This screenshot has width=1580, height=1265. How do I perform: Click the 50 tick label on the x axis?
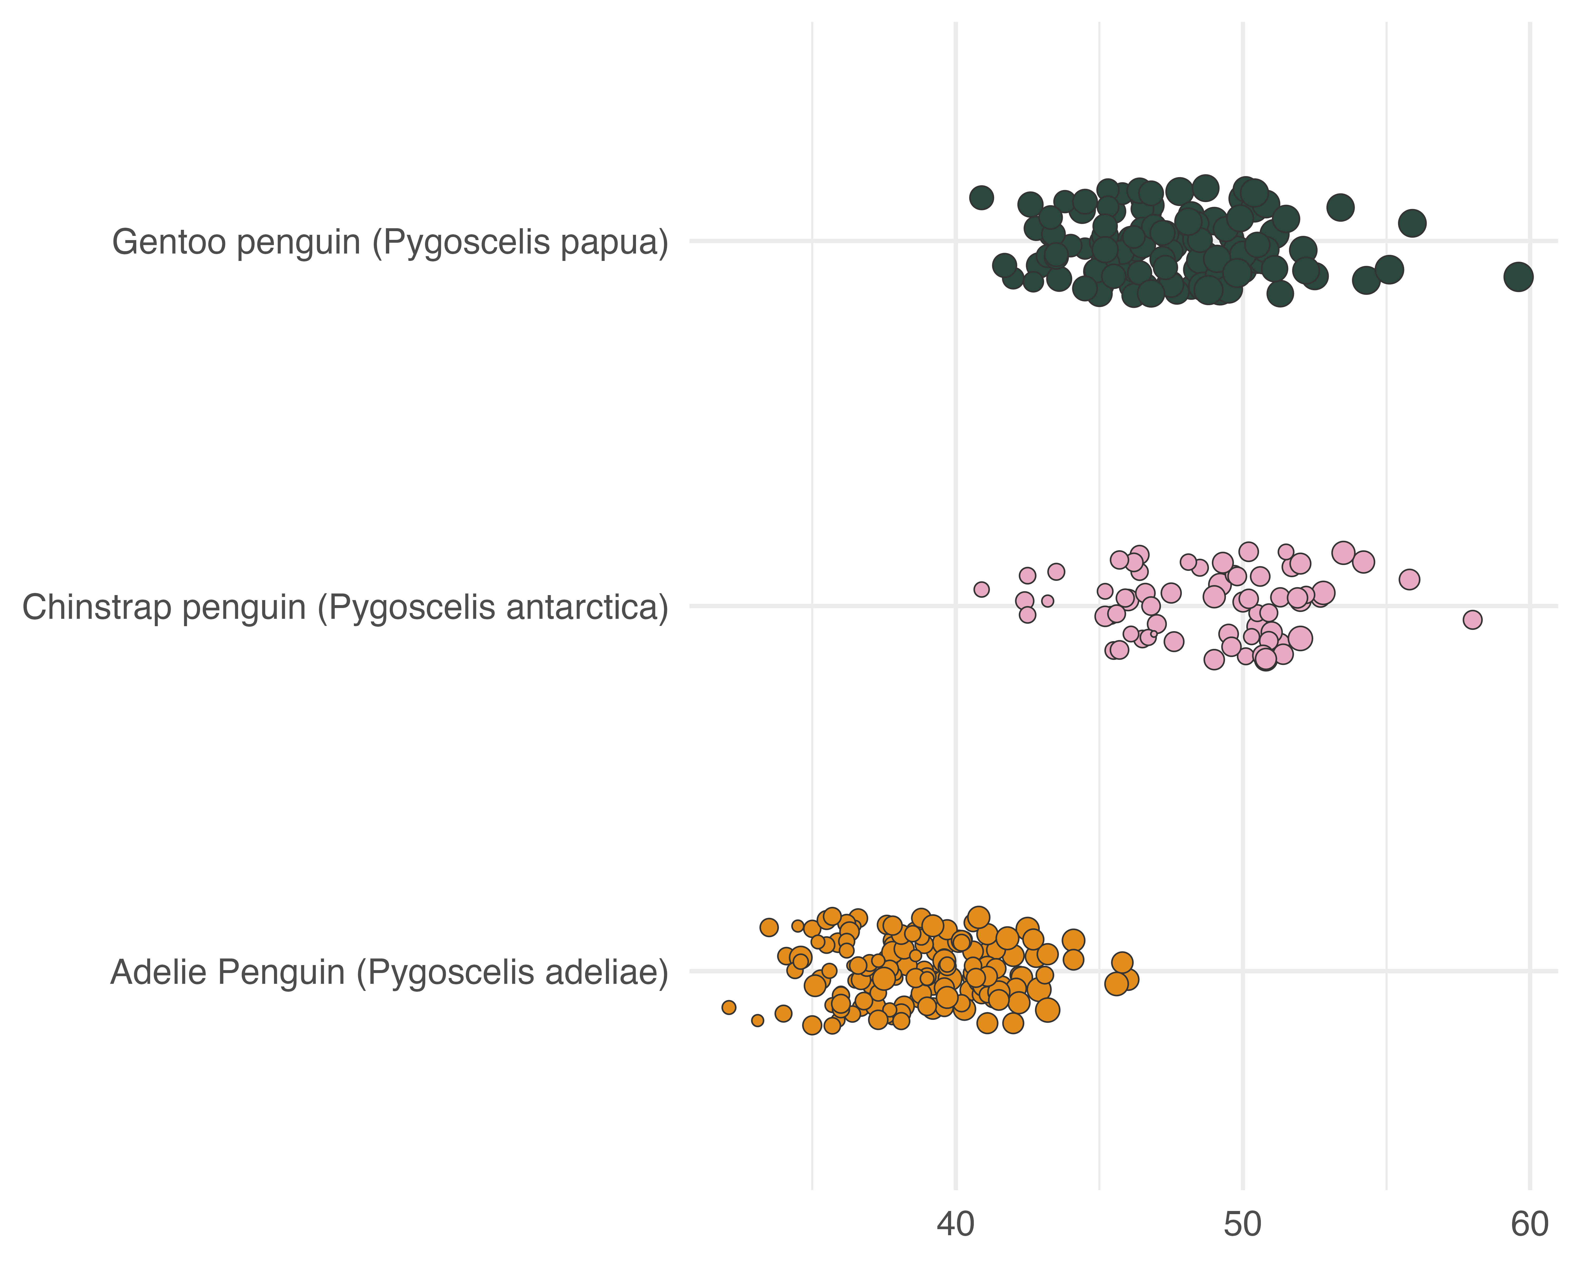coord(1243,1225)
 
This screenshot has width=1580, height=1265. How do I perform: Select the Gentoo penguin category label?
coord(390,243)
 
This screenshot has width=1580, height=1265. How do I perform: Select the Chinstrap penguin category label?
coord(345,608)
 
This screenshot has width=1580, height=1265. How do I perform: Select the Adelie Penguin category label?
coord(389,973)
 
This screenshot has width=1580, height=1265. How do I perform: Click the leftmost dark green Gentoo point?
coord(981,197)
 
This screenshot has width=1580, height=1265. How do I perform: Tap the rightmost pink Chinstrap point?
coord(1472,620)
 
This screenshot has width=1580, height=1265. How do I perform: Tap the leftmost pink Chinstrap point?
coord(981,590)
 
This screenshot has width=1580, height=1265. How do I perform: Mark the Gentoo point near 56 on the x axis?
coord(1412,223)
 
